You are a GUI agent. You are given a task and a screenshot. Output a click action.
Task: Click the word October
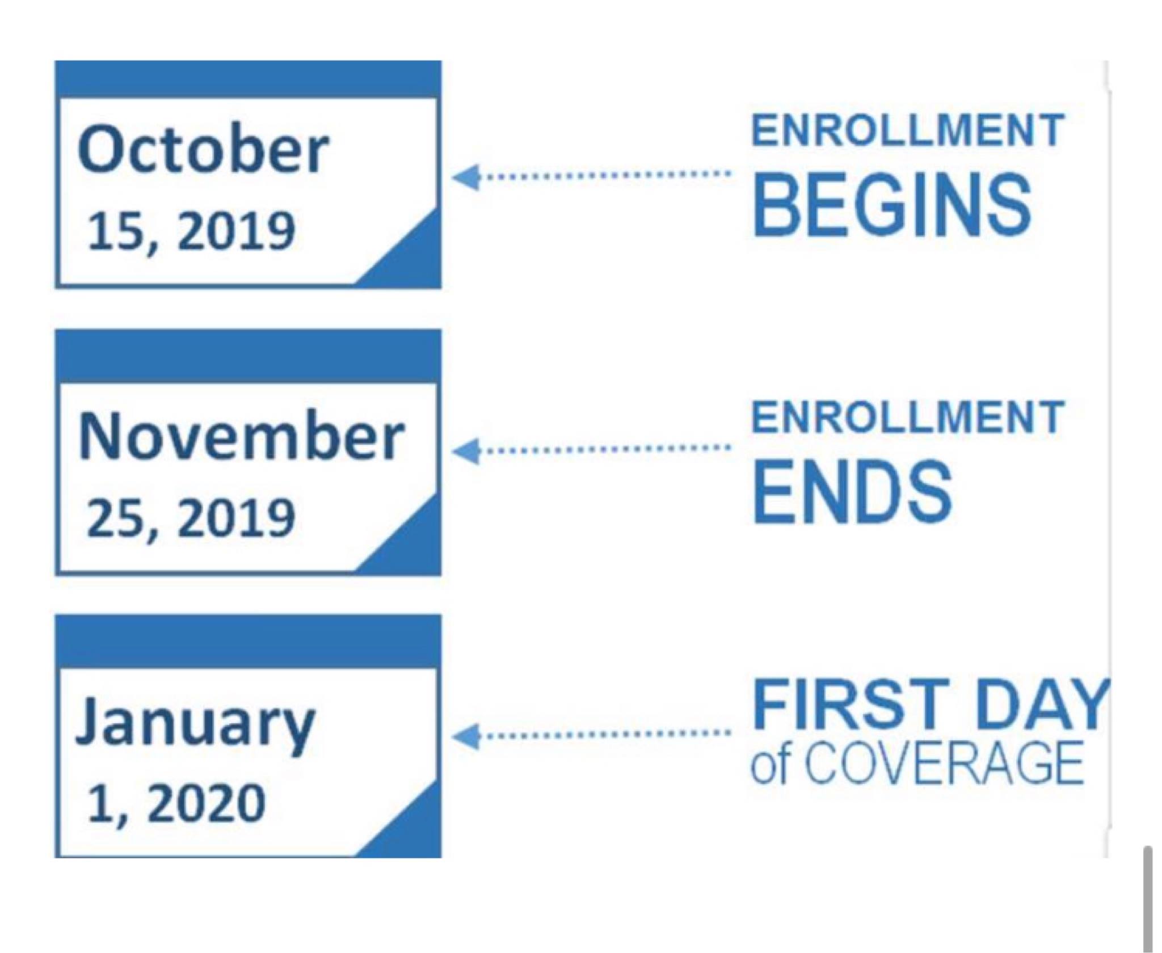click(x=203, y=149)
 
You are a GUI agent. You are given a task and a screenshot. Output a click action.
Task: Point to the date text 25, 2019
click(x=191, y=518)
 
